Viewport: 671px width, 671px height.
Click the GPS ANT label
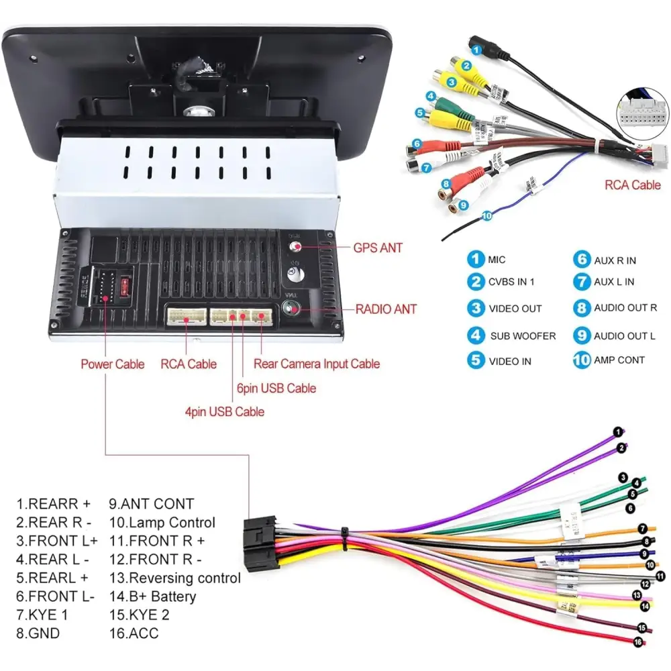[x=378, y=248]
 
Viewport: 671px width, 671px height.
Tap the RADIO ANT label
[x=386, y=309]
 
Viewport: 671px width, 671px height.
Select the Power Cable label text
[x=112, y=364]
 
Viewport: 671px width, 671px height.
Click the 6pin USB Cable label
[x=276, y=388]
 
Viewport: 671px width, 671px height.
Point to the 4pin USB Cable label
[x=225, y=411]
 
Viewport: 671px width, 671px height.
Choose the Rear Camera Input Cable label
[x=316, y=364]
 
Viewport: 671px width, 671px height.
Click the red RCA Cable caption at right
[x=632, y=185]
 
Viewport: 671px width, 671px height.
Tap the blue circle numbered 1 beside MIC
[x=476, y=259]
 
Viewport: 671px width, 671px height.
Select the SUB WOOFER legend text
[x=523, y=335]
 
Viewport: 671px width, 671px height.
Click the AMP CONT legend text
[x=619, y=360]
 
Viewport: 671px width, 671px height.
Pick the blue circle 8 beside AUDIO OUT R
[x=581, y=309]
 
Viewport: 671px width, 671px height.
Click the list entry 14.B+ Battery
[x=152, y=597]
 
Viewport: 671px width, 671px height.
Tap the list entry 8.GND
[x=38, y=633]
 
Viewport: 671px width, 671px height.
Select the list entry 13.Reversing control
[x=174, y=578]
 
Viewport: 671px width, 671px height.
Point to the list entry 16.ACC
[x=134, y=633]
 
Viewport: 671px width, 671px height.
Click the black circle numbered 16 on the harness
[x=637, y=642]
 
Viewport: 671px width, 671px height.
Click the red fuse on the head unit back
[x=123, y=287]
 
